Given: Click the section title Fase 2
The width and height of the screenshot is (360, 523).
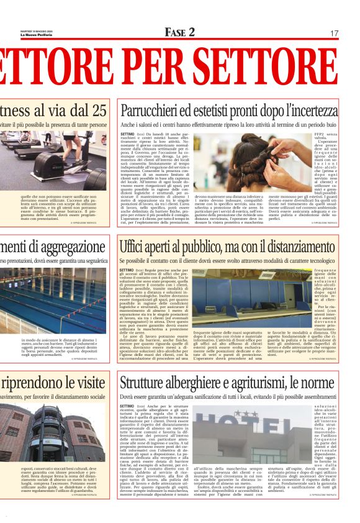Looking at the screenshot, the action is click(x=180, y=32).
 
